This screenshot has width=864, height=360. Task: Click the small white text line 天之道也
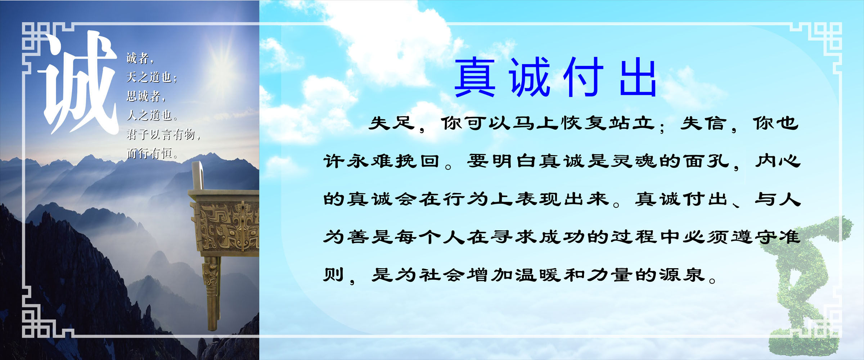[x=151, y=77]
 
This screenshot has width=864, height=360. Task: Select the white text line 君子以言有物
[x=163, y=134]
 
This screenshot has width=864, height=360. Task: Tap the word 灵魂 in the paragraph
[x=634, y=161]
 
